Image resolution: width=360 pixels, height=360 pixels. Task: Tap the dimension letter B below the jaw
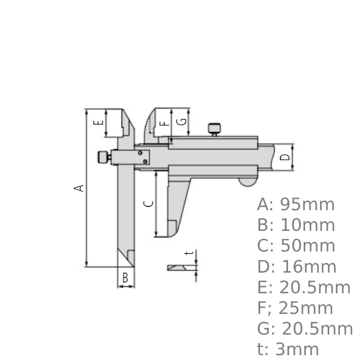[x=125, y=277]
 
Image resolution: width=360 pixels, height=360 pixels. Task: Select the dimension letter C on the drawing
[x=149, y=204]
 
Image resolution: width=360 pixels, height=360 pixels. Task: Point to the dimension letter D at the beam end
[x=285, y=157]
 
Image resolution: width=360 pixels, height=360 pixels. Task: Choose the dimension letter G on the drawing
[x=182, y=122]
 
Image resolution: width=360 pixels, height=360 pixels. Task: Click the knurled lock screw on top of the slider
[x=214, y=129]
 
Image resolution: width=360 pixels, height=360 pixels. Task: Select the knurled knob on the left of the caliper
[x=103, y=157]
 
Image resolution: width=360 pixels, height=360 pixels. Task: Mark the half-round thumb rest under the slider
[x=247, y=182]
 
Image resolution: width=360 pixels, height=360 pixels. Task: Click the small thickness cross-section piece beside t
[x=177, y=267]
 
